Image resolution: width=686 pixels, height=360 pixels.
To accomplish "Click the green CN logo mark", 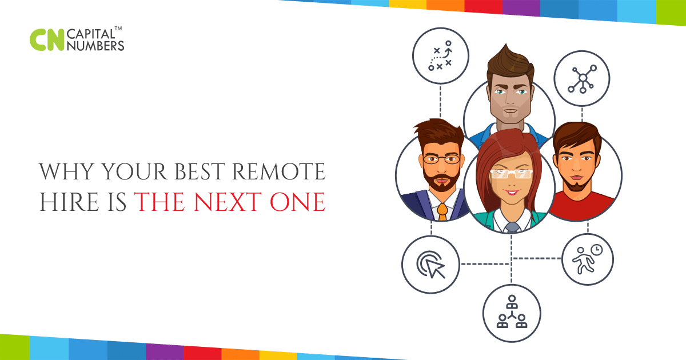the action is (x=47, y=40).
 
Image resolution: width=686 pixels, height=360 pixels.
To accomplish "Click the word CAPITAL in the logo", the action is (x=90, y=34).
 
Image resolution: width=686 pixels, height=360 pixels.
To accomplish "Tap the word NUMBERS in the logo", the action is (x=95, y=46).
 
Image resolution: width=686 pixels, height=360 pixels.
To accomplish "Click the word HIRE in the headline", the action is (x=69, y=202).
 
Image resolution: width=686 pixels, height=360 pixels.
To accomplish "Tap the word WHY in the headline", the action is (x=66, y=171).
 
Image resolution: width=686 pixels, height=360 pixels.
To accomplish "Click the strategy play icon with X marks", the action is (x=440, y=56).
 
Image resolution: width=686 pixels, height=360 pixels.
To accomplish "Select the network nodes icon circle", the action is (x=582, y=79).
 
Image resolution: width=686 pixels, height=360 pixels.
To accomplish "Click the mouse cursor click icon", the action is (x=430, y=265).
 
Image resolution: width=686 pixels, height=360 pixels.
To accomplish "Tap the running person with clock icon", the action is (x=588, y=259).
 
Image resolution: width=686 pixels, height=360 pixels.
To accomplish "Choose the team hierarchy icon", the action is (x=512, y=313).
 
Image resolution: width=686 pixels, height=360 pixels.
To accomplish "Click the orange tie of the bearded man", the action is (x=442, y=212).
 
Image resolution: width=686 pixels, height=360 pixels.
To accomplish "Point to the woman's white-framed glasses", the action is (x=512, y=174).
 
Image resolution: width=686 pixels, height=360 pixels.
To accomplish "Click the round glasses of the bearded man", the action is (x=441, y=159).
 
